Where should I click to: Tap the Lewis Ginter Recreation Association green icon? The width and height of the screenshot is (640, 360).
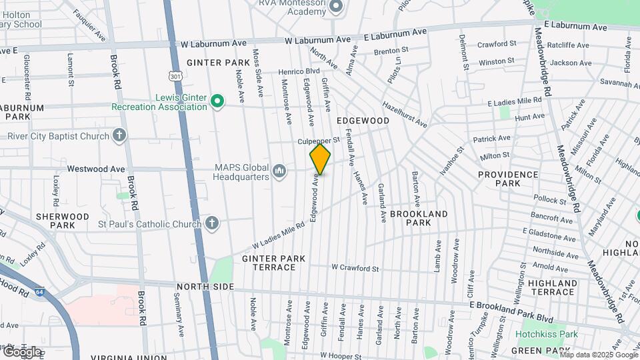(x=217, y=101)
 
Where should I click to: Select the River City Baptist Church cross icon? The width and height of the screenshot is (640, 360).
(x=119, y=137)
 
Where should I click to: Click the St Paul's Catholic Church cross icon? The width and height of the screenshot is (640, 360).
(x=212, y=223)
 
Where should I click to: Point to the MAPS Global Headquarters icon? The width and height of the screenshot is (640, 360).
(x=279, y=172)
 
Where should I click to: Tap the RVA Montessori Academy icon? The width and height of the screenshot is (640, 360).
(x=335, y=7)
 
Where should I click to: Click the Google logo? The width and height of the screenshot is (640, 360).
(x=22, y=351)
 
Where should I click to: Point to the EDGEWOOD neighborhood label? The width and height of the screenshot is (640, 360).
(x=363, y=121)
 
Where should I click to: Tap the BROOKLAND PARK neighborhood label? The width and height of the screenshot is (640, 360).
(x=419, y=219)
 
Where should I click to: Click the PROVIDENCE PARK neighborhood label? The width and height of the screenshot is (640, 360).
(x=507, y=179)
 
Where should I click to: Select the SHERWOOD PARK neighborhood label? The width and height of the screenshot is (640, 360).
(x=63, y=221)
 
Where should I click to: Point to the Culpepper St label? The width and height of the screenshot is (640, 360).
(x=319, y=141)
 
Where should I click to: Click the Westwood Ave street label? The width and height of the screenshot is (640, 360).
(x=96, y=169)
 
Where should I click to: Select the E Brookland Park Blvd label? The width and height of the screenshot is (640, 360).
(x=511, y=309)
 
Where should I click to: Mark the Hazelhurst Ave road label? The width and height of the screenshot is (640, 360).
(x=404, y=114)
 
